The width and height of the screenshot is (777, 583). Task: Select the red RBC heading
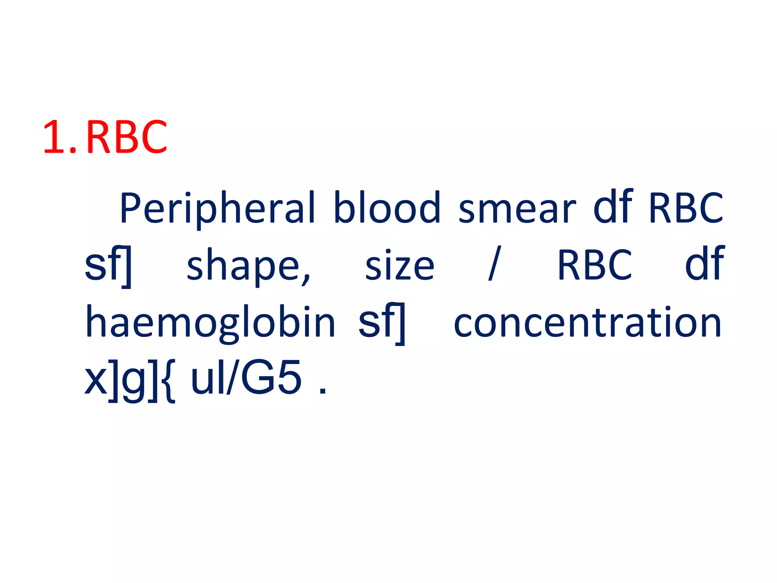pos(127,137)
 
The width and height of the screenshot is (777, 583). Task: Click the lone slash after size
pos(495,263)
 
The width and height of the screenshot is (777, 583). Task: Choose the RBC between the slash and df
pos(595,265)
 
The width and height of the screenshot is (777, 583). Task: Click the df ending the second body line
pos(705,263)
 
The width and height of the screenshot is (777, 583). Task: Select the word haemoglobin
pos(211,323)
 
